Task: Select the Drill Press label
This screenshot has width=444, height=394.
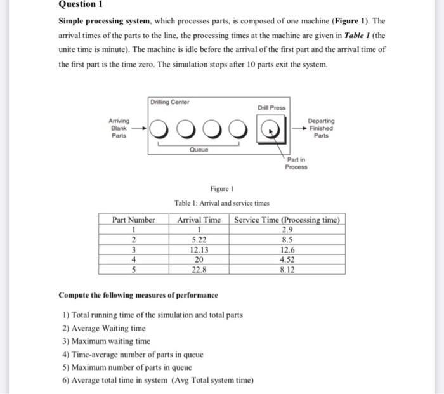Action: (x=271, y=108)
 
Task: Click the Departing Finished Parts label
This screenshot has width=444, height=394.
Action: (x=322, y=128)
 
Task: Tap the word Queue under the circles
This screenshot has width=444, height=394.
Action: (x=198, y=150)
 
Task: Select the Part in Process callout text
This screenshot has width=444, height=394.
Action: (x=296, y=163)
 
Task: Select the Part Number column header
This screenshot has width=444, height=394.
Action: (x=134, y=220)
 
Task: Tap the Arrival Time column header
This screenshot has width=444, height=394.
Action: (x=199, y=220)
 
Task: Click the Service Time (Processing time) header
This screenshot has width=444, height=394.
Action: (x=287, y=220)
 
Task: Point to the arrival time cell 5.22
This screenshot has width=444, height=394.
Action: (x=199, y=240)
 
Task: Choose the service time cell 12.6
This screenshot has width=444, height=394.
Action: (x=287, y=249)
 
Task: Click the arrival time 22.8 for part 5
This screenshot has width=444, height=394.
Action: (x=199, y=269)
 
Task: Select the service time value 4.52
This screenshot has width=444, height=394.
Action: (x=287, y=259)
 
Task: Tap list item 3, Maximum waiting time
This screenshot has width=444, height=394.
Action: (x=106, y=341)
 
